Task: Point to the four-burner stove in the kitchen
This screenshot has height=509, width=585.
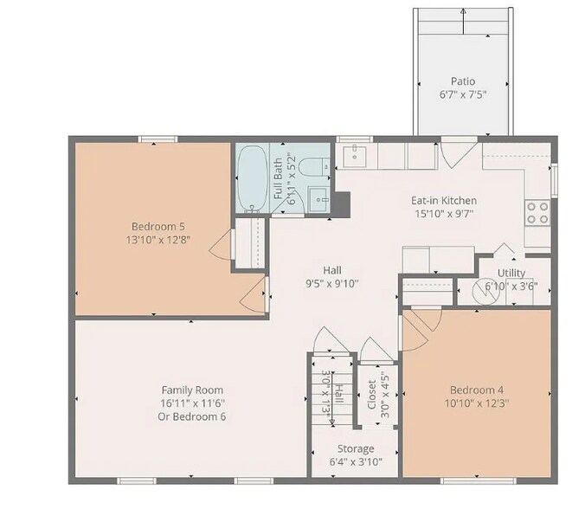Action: tap(537, 212)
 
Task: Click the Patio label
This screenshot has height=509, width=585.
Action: tap(463, 81)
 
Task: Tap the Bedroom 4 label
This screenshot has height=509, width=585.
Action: tap(476, 390)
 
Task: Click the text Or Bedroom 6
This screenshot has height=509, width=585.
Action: tap(193, 416)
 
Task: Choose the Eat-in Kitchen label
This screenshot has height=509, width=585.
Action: tap(443, 201)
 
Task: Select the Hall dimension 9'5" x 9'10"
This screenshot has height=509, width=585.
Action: tap(332, 283)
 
